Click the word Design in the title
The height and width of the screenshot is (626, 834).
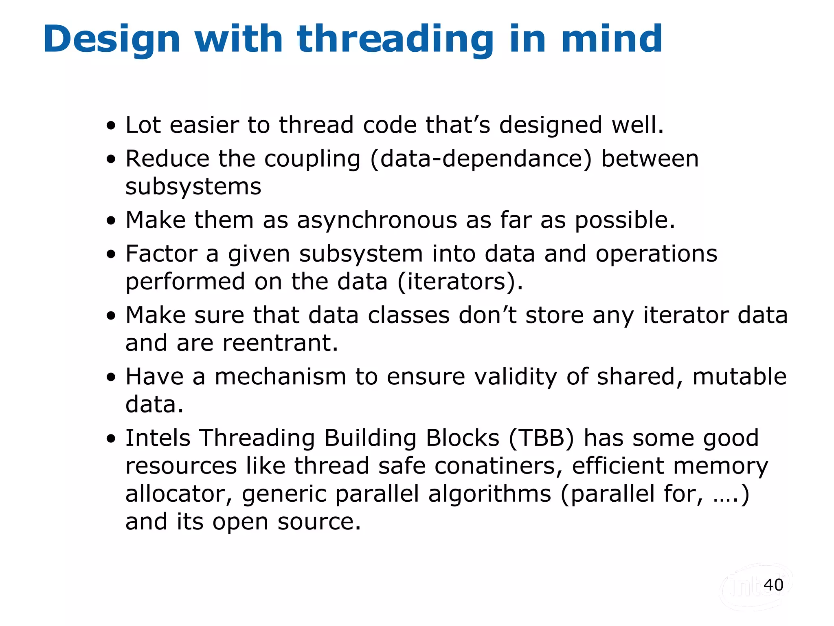click(112, 39)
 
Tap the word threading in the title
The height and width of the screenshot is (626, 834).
click(395, 39)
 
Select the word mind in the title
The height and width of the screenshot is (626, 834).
click(612, 39)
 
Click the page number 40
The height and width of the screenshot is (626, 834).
click(773, 585)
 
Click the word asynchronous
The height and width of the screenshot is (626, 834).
click(377, 220)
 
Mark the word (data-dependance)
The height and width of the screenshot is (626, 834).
click(481, 159)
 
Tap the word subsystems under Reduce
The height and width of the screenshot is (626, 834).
click(193, 187)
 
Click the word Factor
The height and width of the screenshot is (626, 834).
click(161, 254)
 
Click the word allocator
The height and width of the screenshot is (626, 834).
click(178, 494)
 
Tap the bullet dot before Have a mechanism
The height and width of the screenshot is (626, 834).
click(111, 377)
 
